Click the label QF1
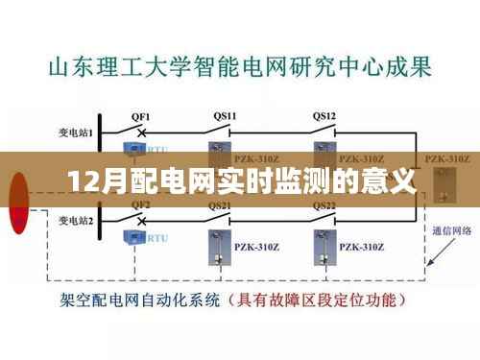tap(140, 115)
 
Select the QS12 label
tap(324, 115)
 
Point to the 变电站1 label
tap(75, 133)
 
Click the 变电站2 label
tap(75, 222)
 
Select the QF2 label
tap(140, 205)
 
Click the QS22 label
tap(324, 205)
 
